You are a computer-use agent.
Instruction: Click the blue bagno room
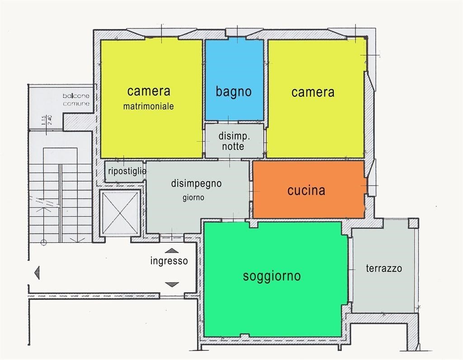click(x=235, y=80)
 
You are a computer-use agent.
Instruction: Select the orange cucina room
click(x=308, y=189)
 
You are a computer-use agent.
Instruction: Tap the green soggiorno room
click(x=275, y=279)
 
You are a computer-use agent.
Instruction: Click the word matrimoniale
click(x=148, y=106)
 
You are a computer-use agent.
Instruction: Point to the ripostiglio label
click(x=127, y=171)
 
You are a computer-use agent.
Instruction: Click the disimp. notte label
click(x=234, y=141)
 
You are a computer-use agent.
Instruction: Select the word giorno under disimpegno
click(x=194, y=198)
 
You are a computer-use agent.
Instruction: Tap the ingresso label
click(x=169, y=261)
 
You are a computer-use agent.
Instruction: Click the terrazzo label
click(x=384, y=268)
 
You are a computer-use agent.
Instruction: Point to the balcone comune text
click(x=76, y=99)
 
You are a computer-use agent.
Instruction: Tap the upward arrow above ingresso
click(x=172, y=251)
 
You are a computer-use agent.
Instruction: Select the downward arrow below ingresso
click(x=172, y=284)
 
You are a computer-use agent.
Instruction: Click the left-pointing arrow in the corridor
click(x=37, y=272)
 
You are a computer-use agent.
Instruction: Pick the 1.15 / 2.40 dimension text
click(x=47, y=120)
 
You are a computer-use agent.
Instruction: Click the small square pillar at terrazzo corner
click(x=413, y=223)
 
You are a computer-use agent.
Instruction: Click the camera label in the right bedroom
click(x=313, y=92)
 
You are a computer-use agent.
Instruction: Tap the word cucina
click(x=306, y=190)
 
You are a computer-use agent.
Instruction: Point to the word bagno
click(x=234, y=91)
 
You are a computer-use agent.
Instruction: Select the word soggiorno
click(x=272, y=276)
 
